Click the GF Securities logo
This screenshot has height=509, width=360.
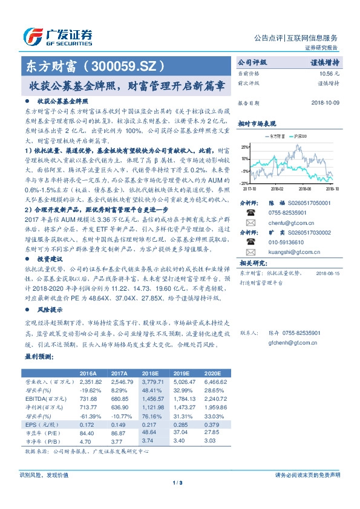[x=57, y=35]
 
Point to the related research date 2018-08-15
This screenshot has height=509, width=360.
[x=329, y=273]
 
